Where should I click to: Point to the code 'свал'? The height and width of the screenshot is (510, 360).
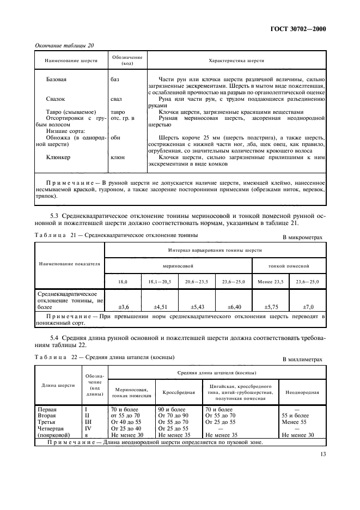[x=117, y=99]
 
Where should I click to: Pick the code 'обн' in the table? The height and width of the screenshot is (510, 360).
[x=115, y=138]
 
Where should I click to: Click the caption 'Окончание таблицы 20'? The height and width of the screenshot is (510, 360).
[x=64, y=45]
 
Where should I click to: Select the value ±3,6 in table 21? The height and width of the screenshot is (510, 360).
[x=123, y=307]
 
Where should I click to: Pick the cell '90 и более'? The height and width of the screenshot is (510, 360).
[x=172, y=409]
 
